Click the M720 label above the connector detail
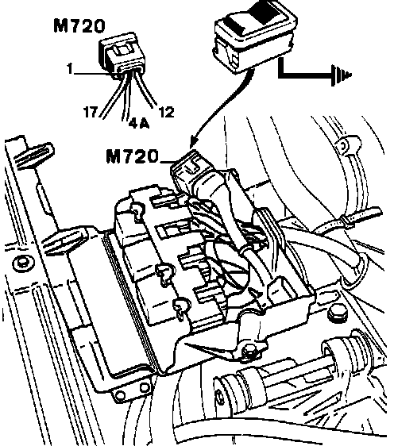[x=79, y=25]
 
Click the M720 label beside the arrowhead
[x=132, y=156]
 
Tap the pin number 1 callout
[x=70, y=68]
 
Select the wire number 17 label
[x=91, y=112]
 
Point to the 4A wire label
[x=139, y=123]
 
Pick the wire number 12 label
[x=167, y=112]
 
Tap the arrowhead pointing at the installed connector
[x=195, y=144]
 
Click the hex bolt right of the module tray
[x=338, y=313]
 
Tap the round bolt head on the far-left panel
[x=23, y=263]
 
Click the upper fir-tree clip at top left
[x=34, y=156]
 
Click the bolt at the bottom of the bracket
[x=249, y=351]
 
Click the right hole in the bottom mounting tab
[x=145, y=388]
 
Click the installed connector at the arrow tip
[x=188, y=168]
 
